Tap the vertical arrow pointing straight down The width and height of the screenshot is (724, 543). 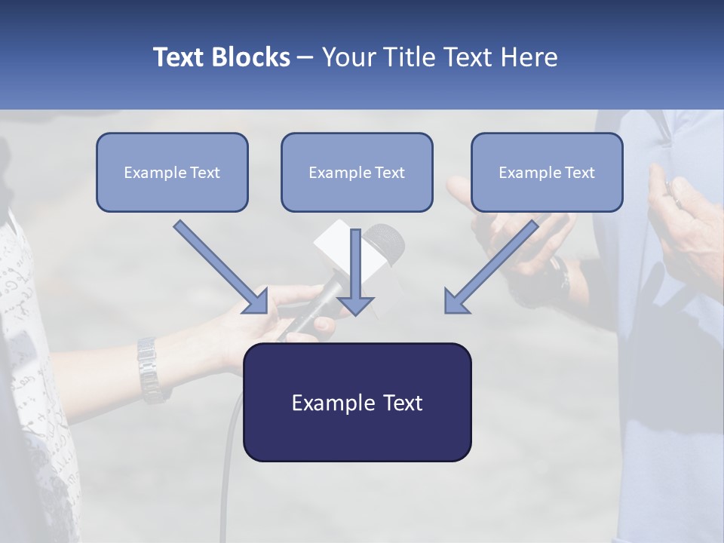pyautogui.click(x=355, y=271)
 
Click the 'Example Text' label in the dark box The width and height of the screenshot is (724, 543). pyautogui.click(x=357, y=403)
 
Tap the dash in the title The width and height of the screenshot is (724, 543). pyautogui.click(x=305, y=57)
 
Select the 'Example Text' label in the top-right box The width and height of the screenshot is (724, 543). pyautogui.click(x=547, y=173)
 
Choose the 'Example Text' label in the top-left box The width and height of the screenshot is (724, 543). pyautogui.click(x=172, y=173)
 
